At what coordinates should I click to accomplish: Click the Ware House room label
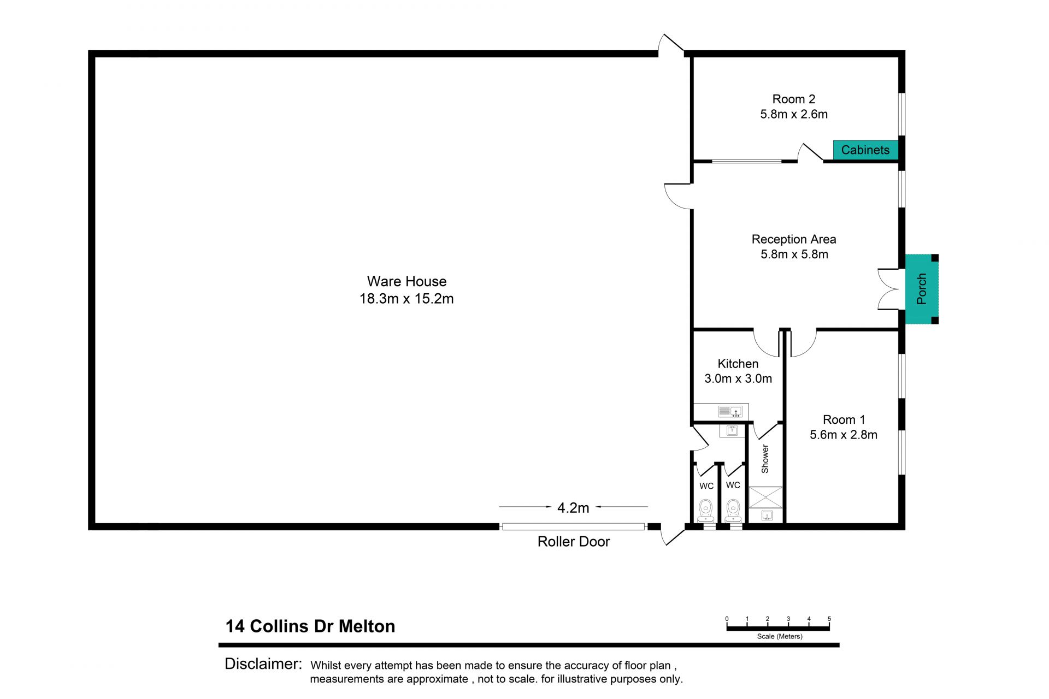406,281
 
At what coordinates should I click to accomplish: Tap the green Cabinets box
865,150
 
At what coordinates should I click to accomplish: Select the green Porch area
922,289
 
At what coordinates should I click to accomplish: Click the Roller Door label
574,541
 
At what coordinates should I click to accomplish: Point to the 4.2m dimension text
573,508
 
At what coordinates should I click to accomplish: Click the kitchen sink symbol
730,411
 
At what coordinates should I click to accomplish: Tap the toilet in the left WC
706,511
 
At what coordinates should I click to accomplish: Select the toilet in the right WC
733,511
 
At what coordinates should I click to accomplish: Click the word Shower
765,459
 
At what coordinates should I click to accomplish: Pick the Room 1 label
844,419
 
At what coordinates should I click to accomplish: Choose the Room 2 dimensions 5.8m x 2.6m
794,114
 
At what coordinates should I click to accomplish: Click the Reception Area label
794,239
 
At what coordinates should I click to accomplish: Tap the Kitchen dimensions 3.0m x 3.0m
738,378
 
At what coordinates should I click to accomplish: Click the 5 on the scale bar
829,619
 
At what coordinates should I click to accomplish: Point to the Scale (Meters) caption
780,636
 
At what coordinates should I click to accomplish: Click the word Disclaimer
263,664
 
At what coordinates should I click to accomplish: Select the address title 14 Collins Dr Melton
310,626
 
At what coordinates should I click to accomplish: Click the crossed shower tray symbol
765,497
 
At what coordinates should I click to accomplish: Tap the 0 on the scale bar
727,619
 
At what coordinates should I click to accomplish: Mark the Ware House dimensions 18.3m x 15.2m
406,299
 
